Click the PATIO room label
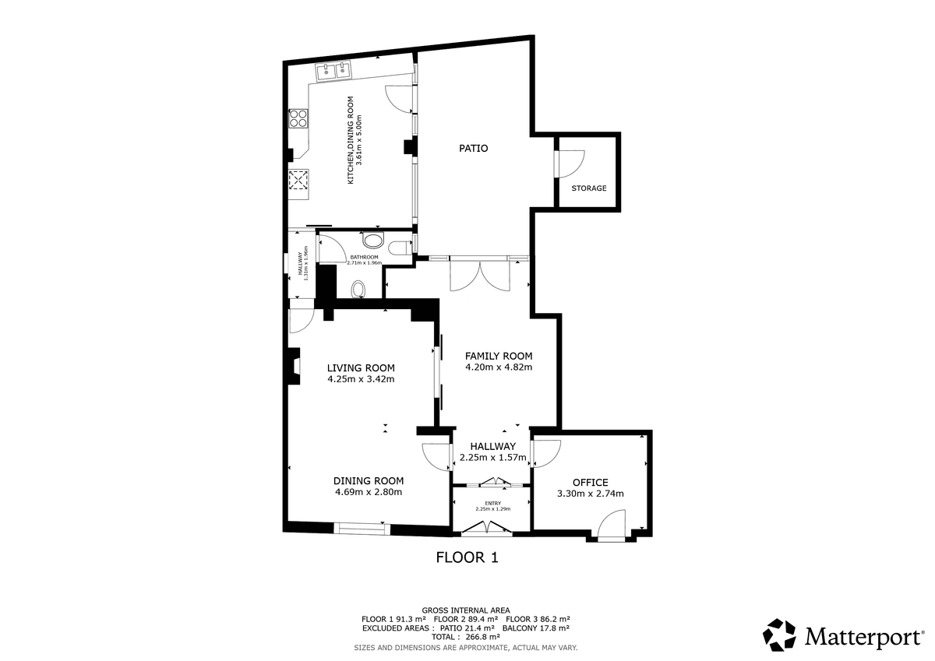474,149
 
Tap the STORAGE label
589,188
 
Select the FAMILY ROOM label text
499,356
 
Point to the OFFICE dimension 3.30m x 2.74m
591,494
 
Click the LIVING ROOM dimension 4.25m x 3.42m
361,379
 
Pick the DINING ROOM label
369,481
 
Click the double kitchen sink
333,72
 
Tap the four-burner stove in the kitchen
298,118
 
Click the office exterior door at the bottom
612,526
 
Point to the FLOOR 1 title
467,557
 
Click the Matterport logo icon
779,635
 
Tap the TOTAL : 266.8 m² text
466,637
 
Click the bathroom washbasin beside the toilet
372,241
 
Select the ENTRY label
493,504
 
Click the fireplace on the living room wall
294,366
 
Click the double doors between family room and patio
480,276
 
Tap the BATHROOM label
364,257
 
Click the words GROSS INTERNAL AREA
466,610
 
